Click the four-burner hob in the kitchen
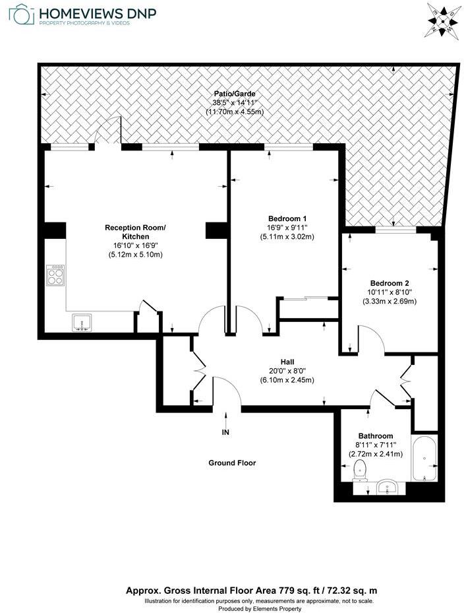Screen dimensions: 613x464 [56, 274]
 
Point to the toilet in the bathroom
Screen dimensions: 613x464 [360, 470]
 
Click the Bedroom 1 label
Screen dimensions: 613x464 [287, 218]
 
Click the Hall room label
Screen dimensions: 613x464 [287, 362]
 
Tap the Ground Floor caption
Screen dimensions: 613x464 [232, 463]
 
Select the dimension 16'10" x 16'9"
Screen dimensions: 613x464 [135, 245]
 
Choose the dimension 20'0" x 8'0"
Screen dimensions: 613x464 [287, 371]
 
